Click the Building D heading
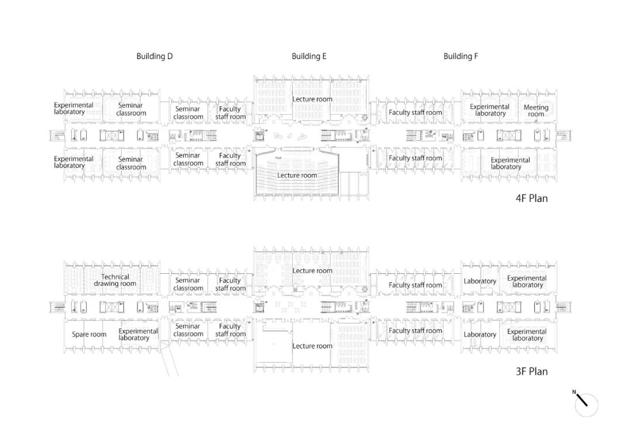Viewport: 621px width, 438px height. tap(154, 56)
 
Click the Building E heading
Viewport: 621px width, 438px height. tap(309, 56)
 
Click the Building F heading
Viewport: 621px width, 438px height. tap(461, 56)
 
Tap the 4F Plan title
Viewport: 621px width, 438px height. tap(531, 199)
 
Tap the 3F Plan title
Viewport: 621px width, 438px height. tap(531, 371)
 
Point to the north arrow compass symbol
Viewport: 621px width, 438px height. tap(585, 404)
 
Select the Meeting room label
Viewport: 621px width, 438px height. tap(536, 110)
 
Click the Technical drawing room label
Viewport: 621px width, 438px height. tap(115, 280)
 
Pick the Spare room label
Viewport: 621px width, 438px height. tap(89, 334)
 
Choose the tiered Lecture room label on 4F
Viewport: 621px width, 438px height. tap(297, 175)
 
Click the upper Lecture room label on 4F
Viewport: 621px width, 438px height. tap(312, 99)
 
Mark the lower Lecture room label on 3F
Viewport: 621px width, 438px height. tap(312, 346)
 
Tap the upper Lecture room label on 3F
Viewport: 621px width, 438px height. tap(312, 270)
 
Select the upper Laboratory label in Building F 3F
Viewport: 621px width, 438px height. tap(480, 281)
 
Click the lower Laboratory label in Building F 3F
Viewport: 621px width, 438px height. tap(480, 335)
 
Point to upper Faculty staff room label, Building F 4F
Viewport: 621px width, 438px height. tap(415, 113)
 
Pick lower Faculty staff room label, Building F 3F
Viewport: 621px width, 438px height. tap(415, 331)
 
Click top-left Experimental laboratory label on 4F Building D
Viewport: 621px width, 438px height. tap(74, 108)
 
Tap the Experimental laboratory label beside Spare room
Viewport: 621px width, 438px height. tap(138, 334)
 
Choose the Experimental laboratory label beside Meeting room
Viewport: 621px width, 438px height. tap(490, 110)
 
